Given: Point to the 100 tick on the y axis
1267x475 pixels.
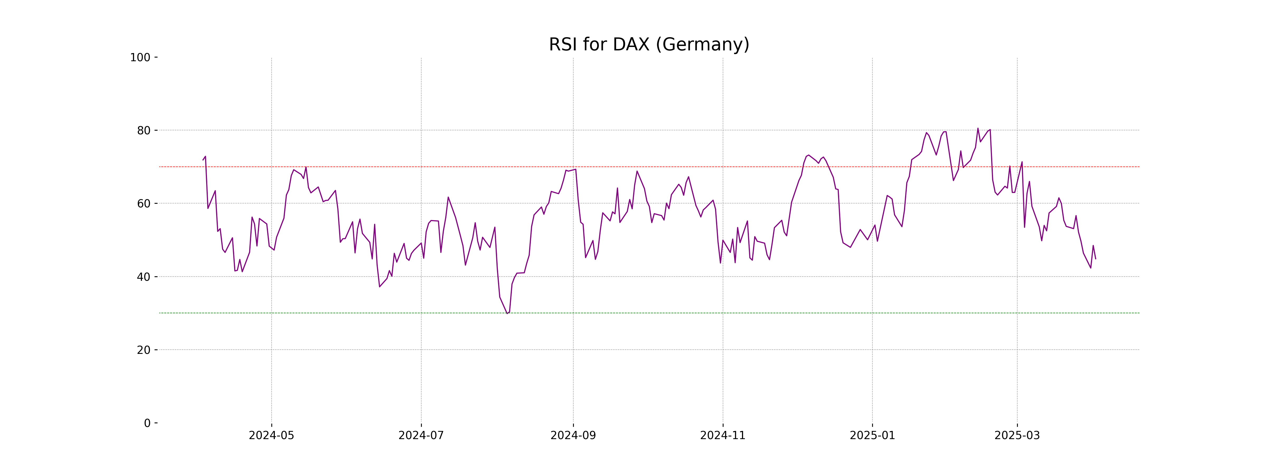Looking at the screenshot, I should pyautogui.click(x=140, y=58).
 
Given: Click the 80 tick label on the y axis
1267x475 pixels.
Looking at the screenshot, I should pyautogui.click(x=144, y=131).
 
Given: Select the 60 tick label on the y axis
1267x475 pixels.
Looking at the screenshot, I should pyautogui.click(x=144, y=203).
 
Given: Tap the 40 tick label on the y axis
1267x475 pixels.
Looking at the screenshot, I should pyautogui.click(x=144, y=277).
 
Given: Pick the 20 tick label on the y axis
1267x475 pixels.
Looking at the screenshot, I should pyautogui.click(x=144, y=350).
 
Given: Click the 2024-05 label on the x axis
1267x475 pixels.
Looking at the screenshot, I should pyautogui.click(x=272, y=436).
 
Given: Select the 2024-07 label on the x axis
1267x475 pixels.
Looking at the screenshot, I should pyautogui.click(x=421, y=436).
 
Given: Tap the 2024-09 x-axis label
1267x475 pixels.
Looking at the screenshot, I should pyautogui.click(x=573, y=436).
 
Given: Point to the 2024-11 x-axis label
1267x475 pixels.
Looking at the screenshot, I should pyautogui.click(x=722, y=436).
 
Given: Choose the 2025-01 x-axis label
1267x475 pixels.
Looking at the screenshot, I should pyautogui.click(x=873, y=436).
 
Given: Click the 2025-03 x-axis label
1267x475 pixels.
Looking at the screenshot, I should pyautogui.click(x=1017, y=436).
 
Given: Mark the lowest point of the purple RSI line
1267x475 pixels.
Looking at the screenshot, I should pyautogui.click(x=507, y=313).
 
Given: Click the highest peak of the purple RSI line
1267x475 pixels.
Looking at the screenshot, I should pyautogui.click(x=978, y=128).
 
